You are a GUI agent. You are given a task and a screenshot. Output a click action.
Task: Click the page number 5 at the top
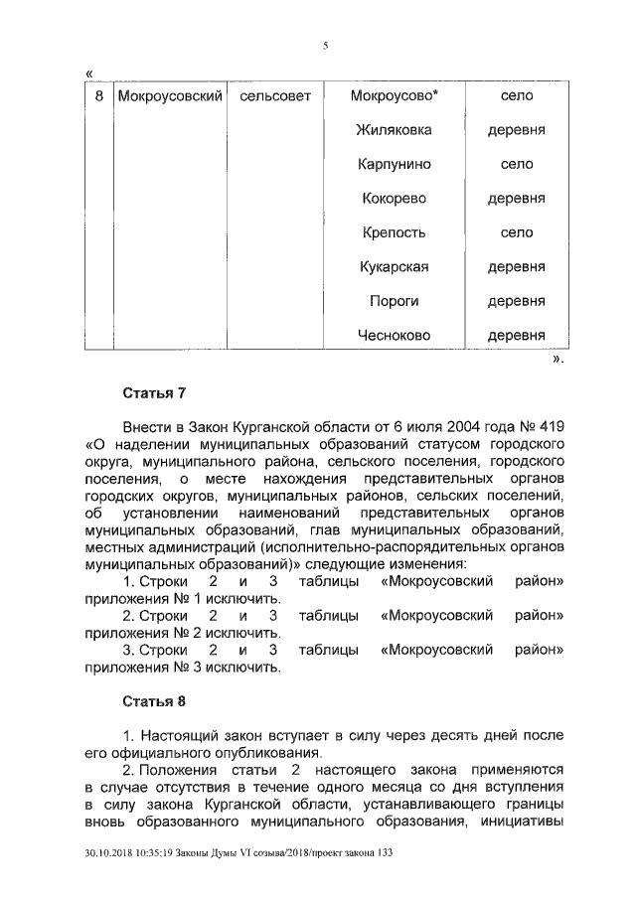pyautogui.click(x=325, y=44)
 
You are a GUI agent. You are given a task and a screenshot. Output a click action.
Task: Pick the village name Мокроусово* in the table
pyautogui.click(x=395, y=96)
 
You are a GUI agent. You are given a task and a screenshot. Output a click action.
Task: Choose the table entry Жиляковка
pyautogui.click(x=395, y=130)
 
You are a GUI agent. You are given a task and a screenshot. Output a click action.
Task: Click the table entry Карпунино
pyautogui.click(x=395, y=164)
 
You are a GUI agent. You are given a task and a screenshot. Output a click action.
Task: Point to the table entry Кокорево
pyautogui.click(x=395, y=199)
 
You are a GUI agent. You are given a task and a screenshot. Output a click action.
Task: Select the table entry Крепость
pyautogui.click(x=395, y=232)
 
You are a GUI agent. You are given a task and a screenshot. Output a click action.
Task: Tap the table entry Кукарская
pyautogui.click(x=395, y=266)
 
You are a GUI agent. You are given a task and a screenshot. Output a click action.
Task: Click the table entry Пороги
pyautogui.click(x=395, y=301)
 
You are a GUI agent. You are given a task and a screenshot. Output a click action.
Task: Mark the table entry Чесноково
pyautogui.click(x=395, y=336)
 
